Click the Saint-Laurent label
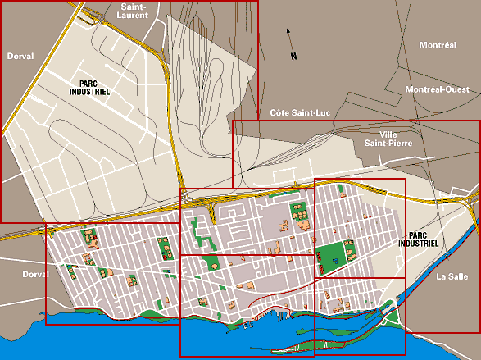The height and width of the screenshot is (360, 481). [133, 10]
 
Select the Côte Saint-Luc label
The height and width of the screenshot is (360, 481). [299, 112]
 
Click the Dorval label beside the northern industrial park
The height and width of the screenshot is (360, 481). [20, 57]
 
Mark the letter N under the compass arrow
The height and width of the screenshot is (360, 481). [293, 56]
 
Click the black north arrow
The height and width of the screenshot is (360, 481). [288, 35]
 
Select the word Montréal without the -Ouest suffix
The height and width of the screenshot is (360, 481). [437, 45]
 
